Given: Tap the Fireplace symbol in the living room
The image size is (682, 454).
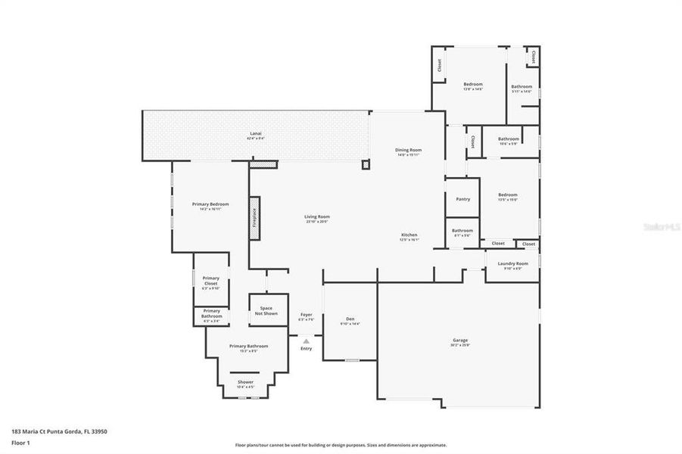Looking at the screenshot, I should [x=254, y=217].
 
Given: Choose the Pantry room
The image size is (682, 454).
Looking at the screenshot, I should [x=462, y=199].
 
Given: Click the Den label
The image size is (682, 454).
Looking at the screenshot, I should [x=350, y=320].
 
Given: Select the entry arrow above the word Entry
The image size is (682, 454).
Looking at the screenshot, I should [x=306, y=341].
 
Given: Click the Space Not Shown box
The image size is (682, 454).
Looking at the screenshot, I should [x=266, y=310].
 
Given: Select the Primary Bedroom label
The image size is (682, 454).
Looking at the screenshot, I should [x=210, y=206].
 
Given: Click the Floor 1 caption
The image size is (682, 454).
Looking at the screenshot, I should [x=20, y=442].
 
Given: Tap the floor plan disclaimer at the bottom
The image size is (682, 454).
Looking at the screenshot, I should [x=341, y=445].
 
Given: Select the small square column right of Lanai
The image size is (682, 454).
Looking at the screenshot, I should [x=365, y=164].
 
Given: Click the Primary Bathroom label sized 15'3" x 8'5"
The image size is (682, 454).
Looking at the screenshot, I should [x=248, y=347].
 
